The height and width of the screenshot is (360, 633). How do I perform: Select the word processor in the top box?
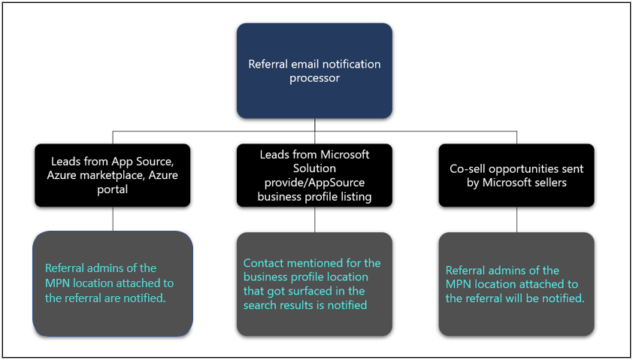click(314, 78)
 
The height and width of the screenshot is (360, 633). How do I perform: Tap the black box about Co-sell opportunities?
click(516, 175)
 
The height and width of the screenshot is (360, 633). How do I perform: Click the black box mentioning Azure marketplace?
click(112, 175)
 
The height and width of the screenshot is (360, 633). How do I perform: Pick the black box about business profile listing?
click(314, 175)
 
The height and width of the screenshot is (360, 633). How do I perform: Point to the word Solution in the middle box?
click(314, 168)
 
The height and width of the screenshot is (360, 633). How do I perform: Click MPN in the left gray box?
click(58, 283)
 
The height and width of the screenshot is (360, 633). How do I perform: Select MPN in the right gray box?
click(459, 284)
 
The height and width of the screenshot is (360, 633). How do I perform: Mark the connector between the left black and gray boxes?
click(112, 219)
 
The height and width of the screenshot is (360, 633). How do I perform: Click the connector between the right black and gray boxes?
click(516, 219)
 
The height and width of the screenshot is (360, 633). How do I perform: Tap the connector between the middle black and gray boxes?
click(314, 219)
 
